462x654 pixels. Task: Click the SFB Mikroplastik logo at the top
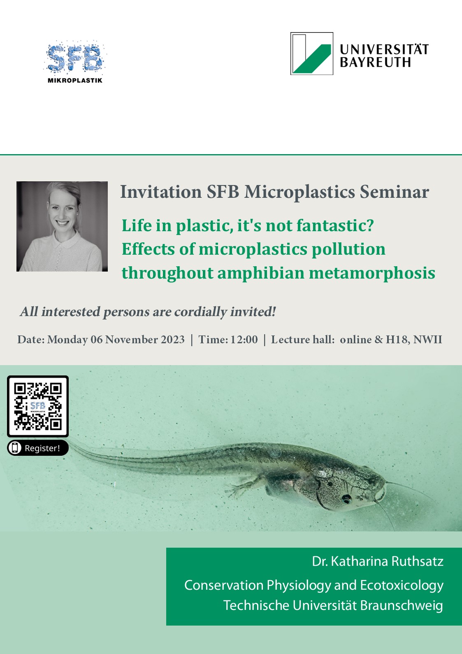(x=75, y=62)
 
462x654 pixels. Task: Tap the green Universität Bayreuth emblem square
(x=311, y=54)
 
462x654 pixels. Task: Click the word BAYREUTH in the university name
(x=375, y=62)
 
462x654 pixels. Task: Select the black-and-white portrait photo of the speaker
(x=62, y=226)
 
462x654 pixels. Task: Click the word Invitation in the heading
(x=161, y=192)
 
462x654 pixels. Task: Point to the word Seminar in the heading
(x=394, y=192)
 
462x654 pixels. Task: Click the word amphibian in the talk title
(x=261, y=274)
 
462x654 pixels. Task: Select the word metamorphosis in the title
(x=372, y=274)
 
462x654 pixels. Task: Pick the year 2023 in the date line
(x=172, y=340)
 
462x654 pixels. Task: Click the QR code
(x=38, y=406)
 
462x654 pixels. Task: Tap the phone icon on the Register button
(x=15, y=448)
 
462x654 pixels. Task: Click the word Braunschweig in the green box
(x=402, y=605)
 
